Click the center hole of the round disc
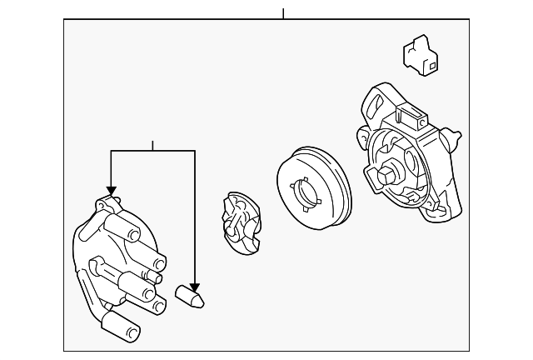[309, 192]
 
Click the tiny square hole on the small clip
[433, 61]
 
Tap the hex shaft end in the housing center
[388, 175]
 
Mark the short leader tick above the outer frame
[283, 14]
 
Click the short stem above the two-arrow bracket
[152, 146]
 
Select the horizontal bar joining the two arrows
[152, 151]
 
